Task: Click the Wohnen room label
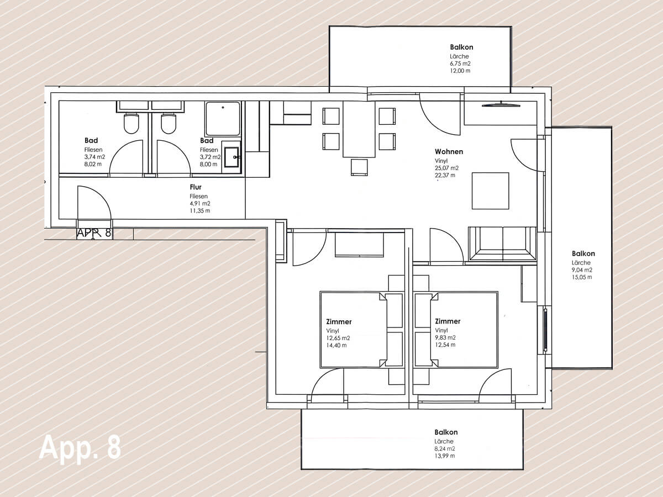pos(449,151)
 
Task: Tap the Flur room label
pos(196,187)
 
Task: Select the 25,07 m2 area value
pos(446,168)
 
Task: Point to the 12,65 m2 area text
pos(338,338)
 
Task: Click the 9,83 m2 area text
pos(445,337)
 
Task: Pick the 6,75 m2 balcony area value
pos(460,64)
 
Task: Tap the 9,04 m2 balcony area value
pos(582,270)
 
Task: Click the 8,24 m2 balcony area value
pos(445,448)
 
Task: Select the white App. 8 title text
pos(80,448)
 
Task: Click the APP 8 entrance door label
pos(94,233)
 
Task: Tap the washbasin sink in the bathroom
pos(231,157)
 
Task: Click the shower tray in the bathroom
pos(223,119)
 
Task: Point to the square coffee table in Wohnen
pos(490,191)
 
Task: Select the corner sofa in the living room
pos(502,244)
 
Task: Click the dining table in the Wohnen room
pos(359,129)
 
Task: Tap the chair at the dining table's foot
pos(359,167)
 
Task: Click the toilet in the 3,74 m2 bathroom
pos(131,123)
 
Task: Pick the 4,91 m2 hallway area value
pos(200,203)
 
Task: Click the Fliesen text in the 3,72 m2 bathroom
pos(209,150)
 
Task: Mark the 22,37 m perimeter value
pos(445,175)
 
